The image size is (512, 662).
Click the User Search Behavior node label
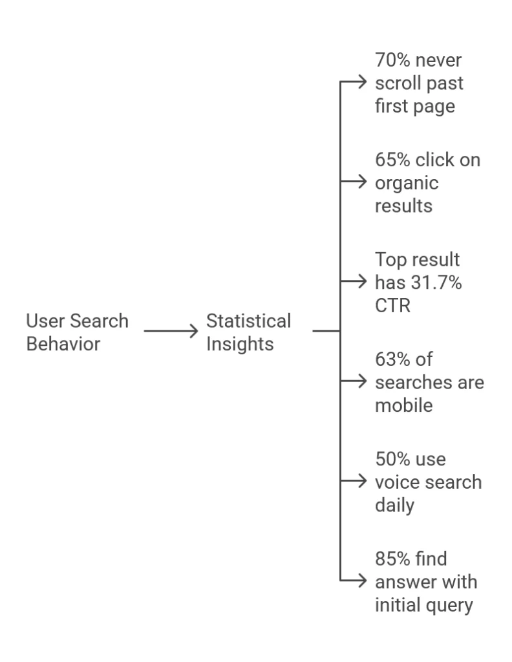click(x=77, y=332)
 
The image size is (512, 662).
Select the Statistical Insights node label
click(x=248, y=332)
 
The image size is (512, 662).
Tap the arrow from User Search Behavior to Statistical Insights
click(x=171, y=332)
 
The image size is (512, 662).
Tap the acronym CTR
click(x=392, y=305)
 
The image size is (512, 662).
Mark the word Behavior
click(x=63, y=344)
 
